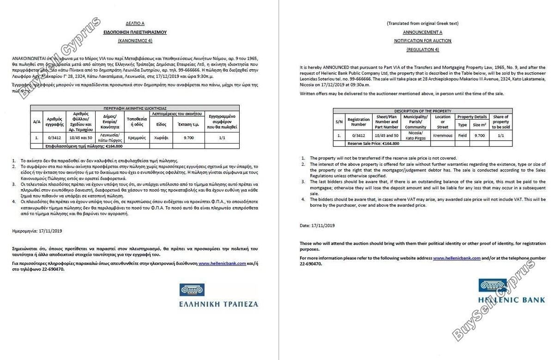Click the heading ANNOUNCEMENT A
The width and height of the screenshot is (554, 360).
pyautogui.click(x=422, y=32)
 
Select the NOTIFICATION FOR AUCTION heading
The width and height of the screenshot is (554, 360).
pyautogui.click(x=422, y=41)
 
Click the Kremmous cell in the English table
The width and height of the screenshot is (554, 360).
pyautogui.click(x=442, y=136)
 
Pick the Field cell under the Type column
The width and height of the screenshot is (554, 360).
pyautogui.click(x=462, y=136)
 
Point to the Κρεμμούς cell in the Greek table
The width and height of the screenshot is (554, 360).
pyautogui.click(x=137, y=138)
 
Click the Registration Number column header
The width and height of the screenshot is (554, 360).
pyautogui.click(x=359, y=122)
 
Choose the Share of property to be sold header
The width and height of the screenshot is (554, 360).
pyautogui.click(x=501, y=122)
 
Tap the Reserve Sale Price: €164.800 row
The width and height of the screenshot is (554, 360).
pyautogui.click(x=374, y=144)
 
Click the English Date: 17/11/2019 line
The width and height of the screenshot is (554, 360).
pyautogui.click(x=317, y=225)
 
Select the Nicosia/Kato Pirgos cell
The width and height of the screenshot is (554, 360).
pyautogui.click(x=415, y=136)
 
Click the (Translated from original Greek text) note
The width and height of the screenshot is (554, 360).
pyautogui.click(x=422, y=24)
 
